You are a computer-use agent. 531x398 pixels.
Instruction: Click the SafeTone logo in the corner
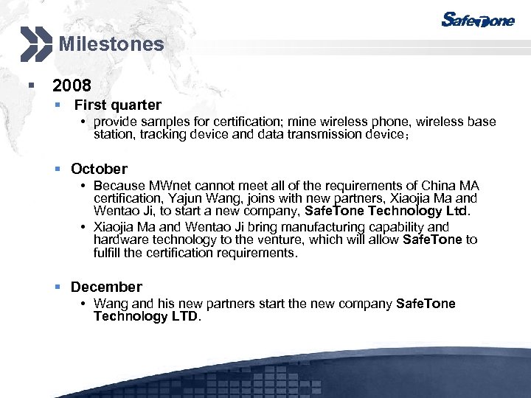(477, 20)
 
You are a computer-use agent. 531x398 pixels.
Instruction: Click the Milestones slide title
(111, 44)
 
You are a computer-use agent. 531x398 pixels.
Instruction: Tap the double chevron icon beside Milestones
(36, 43)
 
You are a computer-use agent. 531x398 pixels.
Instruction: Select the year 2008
(72, 86)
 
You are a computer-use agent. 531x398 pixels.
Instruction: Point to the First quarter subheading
(117, 105)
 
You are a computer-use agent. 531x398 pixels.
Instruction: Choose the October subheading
(99, 169)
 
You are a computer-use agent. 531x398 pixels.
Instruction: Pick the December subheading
(106, 287)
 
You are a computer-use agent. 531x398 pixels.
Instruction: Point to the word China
(440, 186)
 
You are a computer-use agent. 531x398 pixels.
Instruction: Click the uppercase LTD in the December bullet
(183, 316)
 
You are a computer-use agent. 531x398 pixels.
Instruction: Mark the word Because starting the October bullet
(118, 186)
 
